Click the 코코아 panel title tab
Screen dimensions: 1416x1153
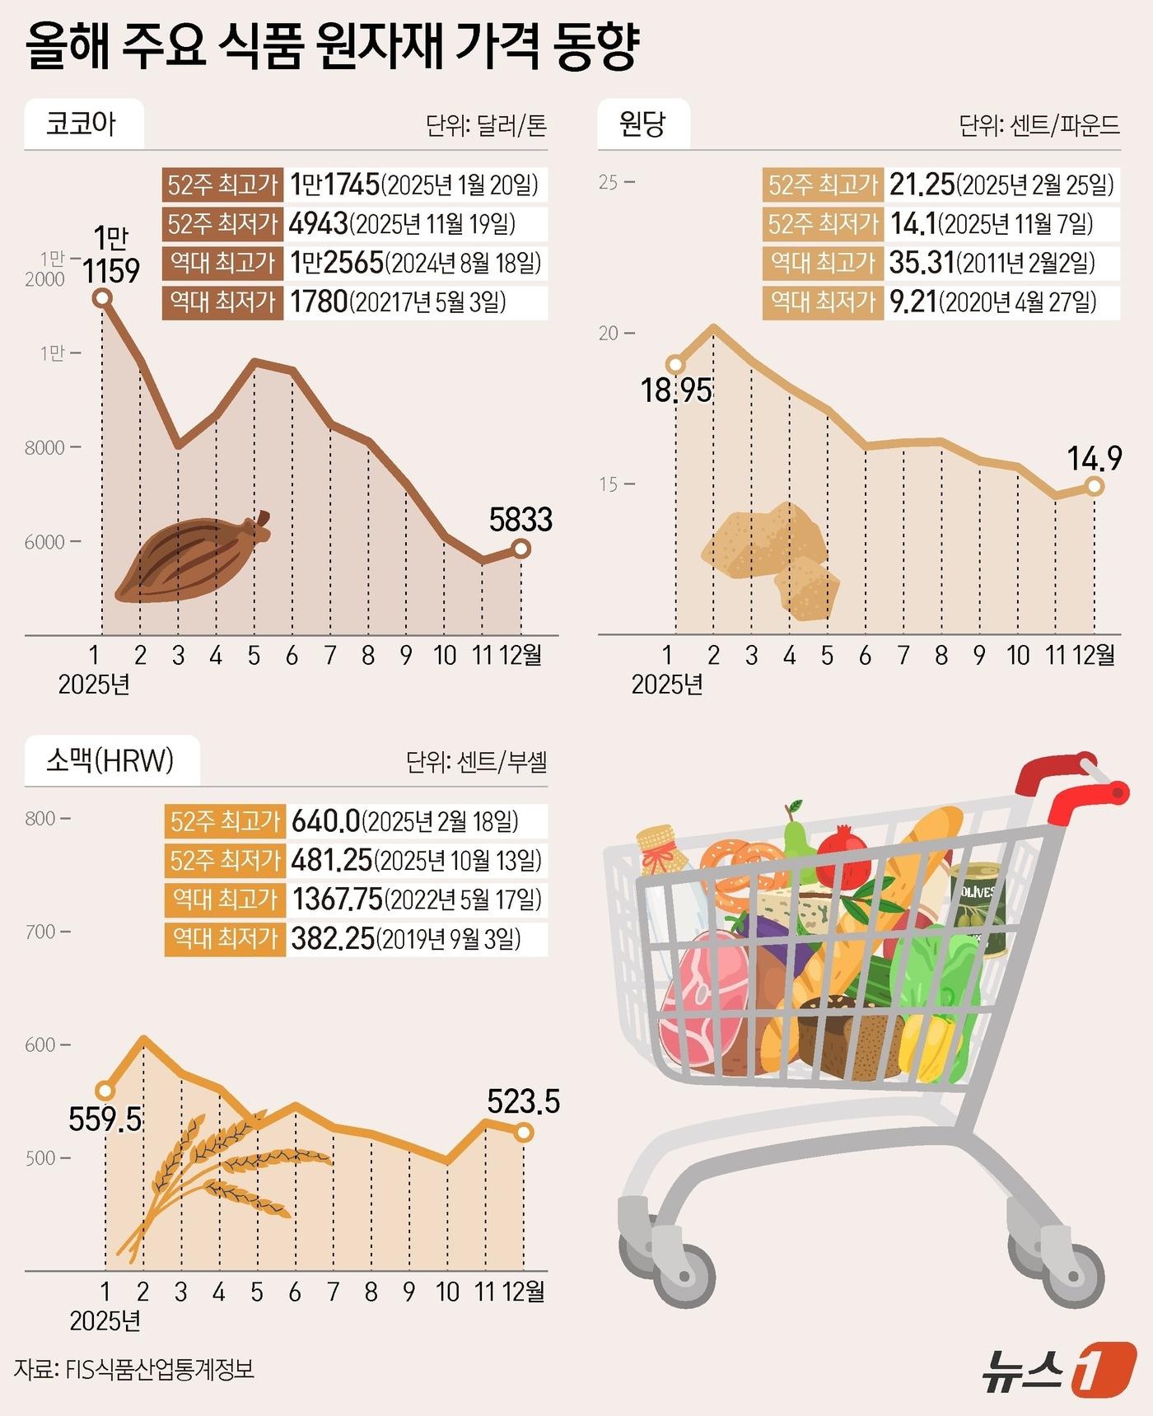click(82, 124)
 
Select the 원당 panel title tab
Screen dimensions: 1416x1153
click(642, 124)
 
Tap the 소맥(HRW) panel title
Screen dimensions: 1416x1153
click(110, 759)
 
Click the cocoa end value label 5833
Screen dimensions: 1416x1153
click(520, 520)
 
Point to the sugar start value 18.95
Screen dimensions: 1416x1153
click(676, 390)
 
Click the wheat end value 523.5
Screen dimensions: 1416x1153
click(523, 1101)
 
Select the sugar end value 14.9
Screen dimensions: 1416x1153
click(1095, 459)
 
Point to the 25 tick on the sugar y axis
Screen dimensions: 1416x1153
click(609, 182)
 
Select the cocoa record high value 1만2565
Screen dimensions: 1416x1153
click(337, 263)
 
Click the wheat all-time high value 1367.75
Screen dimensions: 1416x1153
click(338, 900)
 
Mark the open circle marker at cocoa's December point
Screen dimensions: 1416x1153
click(520, 548)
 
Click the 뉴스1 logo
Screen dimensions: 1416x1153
click(1058, 1369)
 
